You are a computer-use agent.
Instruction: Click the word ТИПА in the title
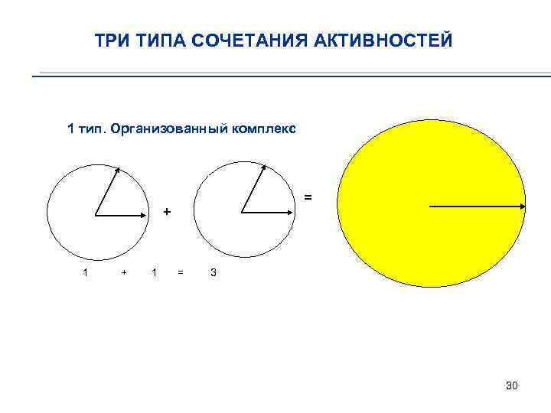pyautogui.click(x=161, y=40)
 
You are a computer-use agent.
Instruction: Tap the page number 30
pyautogui.click(x=511, y=386)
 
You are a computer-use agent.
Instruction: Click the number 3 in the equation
pyautogui.click(x=214, y=272)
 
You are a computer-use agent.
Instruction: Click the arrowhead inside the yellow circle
pyautogui.click(x=523, y=206)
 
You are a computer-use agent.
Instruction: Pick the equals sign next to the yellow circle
pyautogui.click(x=308, y=197)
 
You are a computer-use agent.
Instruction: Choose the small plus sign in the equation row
pyautogui.click(x=124, y=272)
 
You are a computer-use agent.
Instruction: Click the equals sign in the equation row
pyautogui.click(x=181, y=272)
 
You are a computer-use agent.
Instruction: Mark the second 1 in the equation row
pyautogui.click(x=155, y=272)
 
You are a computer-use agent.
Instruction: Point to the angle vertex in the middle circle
pyautogui.click(x=242, y=213)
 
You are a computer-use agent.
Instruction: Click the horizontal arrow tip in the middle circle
pyautogui.click(x=292, y=213)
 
